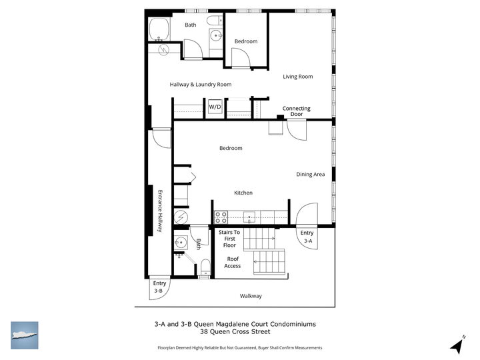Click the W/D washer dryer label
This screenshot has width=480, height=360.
pyautogui.click(x=215, y=107)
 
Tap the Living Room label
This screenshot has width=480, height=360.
pyautogui.click(x=297, y=77)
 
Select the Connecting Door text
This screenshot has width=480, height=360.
pyautogui.click(x=296, y=111)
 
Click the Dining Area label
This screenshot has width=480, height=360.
pyautogui.click(x=310, y=175)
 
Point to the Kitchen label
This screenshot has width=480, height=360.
pyautogui.click(x=243, y=193)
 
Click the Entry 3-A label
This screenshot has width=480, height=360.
pyautogui.click(x=307, y=236)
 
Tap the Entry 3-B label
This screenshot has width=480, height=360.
pyautogui.click(x=159, y=287)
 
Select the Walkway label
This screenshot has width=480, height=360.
pyautogui.click(x=251, y=296)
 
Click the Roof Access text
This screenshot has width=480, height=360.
pyautogui.click(x=232, y=262)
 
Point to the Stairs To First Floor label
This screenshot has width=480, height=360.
pyautogui.click(x=229, y=239)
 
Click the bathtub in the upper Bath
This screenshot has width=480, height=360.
pyautogui.click(x=160, y=30)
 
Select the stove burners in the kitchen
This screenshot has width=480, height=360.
pyautogui.click(x=221, y=217)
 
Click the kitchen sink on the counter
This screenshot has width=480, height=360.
pyautogui.click(x=250, y=216)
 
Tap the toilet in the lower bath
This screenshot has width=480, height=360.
pyautogui.click(x=206, y=268)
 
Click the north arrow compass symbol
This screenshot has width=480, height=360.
pyautogui.click(x=457, y=345)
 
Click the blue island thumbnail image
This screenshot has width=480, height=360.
pyautogui.click(x=25, y=335)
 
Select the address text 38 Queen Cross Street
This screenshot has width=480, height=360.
pyautogui.click(x=240, y=333)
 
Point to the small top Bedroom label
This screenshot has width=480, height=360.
pyautogui.click(x=245, y=41)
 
